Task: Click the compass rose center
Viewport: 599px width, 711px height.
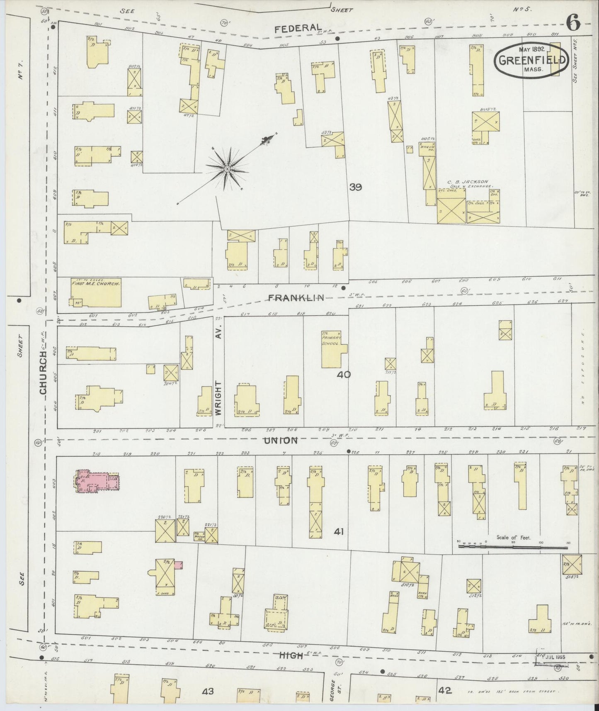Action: pyautogui.click(x=227, y=169)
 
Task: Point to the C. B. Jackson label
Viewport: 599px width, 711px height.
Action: pyautogui.click(x=467, y=182)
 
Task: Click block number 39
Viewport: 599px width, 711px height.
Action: pyautogui.click(x=355, y=187)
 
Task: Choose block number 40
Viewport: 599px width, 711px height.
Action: pyautogui.click(x=344, y=375)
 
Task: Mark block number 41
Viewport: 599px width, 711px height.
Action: pyautogui.click(x=340, y=531)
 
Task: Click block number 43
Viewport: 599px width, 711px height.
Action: pyautogui.click(x=208, y=691)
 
